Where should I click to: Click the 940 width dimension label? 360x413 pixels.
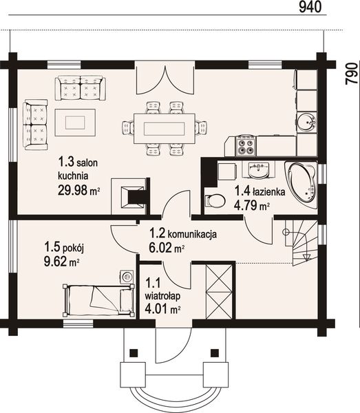(x=310, y=7)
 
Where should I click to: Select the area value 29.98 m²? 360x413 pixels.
(x=78, y=190)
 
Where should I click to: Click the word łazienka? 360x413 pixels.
(x=269, y=191)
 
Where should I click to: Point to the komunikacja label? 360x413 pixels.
(x=192, y=233)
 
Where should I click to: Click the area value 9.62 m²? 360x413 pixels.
(x=62, y=261)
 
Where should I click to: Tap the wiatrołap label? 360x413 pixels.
(x=162, y=296)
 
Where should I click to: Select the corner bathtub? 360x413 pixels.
(x=301, y=185)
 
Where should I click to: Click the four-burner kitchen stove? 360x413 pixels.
(x=246, y=146)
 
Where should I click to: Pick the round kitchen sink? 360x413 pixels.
(x=306, y=123)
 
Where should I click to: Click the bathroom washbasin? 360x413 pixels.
(x=258, y=170)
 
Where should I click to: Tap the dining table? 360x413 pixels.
(x=165, y=129)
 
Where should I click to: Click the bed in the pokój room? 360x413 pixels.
(x=98, y=301)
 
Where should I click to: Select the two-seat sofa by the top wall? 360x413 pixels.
(x=81, y=88)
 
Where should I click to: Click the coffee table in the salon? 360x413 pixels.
(x=75, y=123)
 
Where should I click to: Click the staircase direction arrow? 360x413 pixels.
(x=306, y=257)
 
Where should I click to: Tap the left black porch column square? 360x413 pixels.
(x=134, y=352)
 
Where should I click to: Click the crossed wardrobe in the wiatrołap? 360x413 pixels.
(x=219, y=292)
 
